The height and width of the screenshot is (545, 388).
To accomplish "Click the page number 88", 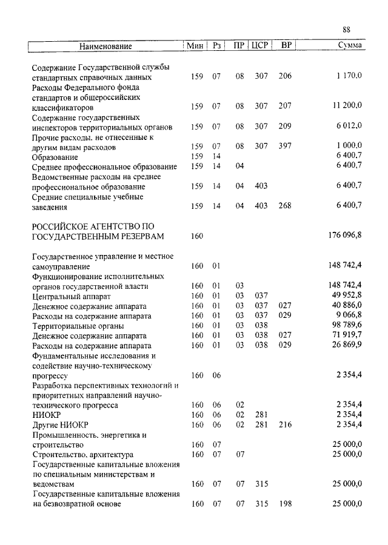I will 346,30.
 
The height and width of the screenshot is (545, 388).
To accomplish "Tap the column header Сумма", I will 350,46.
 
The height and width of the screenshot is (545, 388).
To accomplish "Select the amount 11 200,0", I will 347,106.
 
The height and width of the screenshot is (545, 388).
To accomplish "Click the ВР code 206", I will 285,76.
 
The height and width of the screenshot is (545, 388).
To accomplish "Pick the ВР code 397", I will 285,146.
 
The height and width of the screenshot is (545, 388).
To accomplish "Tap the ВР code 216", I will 285,424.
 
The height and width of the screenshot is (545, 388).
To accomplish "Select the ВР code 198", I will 285,504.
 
